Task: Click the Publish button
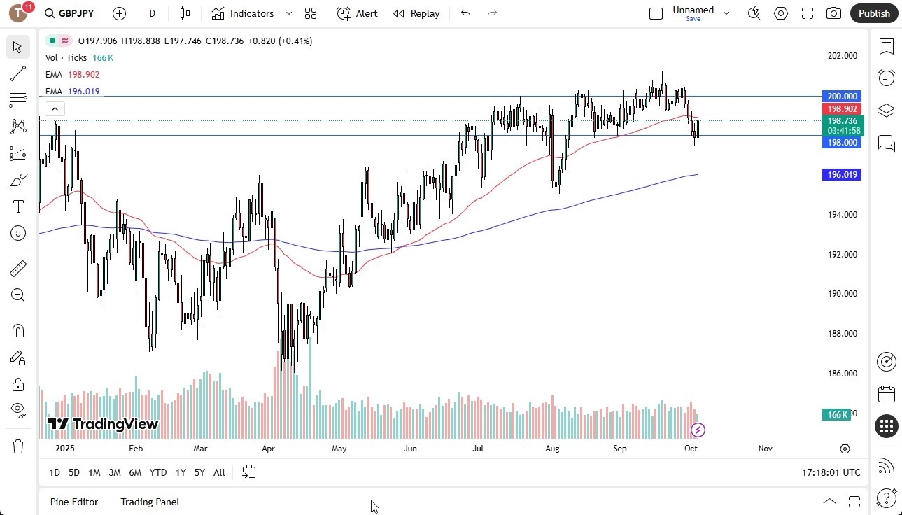874,13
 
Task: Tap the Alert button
357,13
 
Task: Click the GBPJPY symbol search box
70,13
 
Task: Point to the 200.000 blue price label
842,97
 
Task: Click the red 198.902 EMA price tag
843,109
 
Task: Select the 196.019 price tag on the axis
842,175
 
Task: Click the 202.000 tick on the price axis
841,56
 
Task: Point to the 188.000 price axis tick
841,334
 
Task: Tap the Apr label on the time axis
268,449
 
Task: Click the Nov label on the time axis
765,449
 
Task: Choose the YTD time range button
158,473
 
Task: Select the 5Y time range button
199,473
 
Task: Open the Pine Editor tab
74,502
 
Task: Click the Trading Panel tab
150,502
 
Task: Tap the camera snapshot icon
833,13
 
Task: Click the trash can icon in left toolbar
18,446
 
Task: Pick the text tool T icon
18,207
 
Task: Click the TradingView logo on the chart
103,424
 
